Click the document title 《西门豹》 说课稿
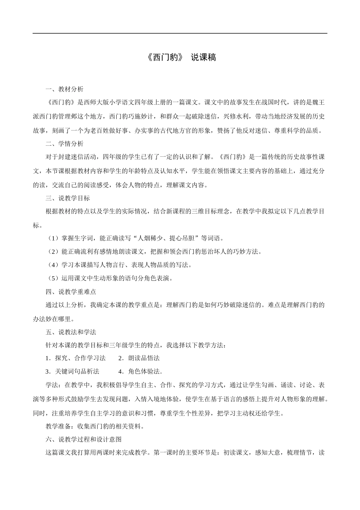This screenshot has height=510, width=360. [180, 58]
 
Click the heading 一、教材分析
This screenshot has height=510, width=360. [64, 89]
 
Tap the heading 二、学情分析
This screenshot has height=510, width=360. [64, 144]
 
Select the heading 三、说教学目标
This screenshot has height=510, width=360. [67, 198]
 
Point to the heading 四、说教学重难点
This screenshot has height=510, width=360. [70, 292]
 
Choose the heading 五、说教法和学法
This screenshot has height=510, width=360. [70, 332]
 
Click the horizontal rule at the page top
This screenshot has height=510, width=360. [180, 33]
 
